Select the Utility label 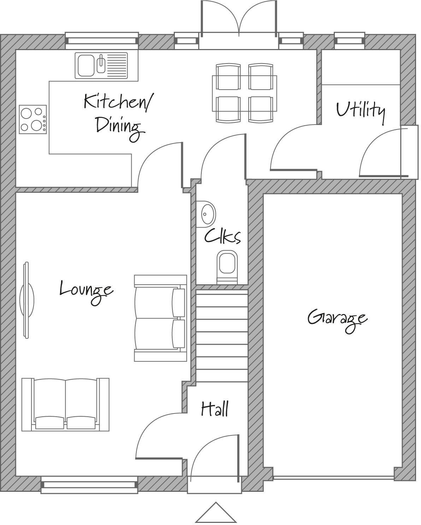[x=360, y=111]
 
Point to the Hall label [x=215, y=409]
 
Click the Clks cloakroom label [x=222, y=236]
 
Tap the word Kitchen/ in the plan [x=118, y=102]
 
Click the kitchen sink [x=101, y=65]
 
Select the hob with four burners [x=33, y=119]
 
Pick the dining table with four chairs [x=244, y=93]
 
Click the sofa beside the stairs [x=160, y=318]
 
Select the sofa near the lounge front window [x=65, y=404]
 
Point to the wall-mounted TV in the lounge [x=26, y=300]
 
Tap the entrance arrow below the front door [x=215, y=513]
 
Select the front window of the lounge [x=89, y=485]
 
